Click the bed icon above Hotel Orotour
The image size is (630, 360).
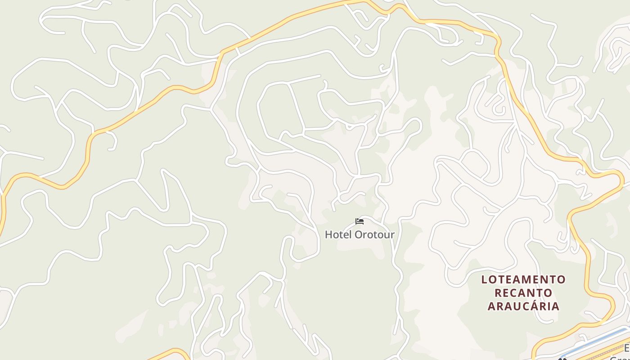(x=359, y=221)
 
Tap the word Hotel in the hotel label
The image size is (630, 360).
(x=338, y=234)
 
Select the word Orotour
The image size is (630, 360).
(x=374, y=234)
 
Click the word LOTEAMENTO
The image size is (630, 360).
(x=523, y=279)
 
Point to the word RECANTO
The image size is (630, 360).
(x=523, y=293)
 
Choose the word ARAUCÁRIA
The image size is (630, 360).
(x=523, y=306)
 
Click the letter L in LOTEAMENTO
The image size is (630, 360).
(x=484, y=279)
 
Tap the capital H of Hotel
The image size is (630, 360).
(x=328, y=234)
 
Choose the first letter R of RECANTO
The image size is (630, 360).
(x=498, y=293)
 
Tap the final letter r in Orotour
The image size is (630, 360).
(x=392, y=235)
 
